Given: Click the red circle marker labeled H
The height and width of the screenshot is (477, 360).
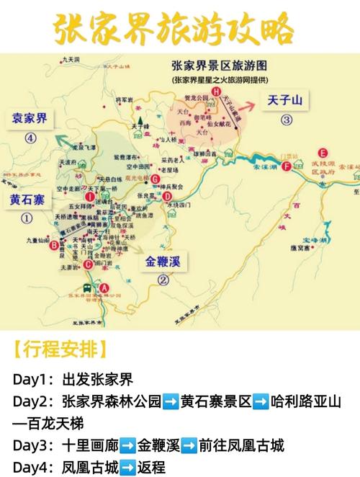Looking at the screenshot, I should [x=217, y=92].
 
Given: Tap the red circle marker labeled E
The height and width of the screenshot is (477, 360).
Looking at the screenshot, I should [x=323, y=153].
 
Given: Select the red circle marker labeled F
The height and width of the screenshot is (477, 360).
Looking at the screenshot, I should [x=287, y=166].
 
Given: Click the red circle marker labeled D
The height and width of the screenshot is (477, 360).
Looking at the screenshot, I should [x=167, y=195].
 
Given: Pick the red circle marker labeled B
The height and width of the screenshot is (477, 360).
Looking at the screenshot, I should [x=53, y=245].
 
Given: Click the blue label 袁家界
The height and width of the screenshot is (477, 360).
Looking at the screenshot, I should [x=28, y=117].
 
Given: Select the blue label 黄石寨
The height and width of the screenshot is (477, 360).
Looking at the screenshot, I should [x=26, y=200].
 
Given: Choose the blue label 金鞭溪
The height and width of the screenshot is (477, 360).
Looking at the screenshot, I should [x=163, y=262].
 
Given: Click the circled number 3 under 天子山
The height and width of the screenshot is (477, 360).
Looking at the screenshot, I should [x=287, y=120].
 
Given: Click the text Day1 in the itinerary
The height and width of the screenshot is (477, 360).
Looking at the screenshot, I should [x=32, y=380].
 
